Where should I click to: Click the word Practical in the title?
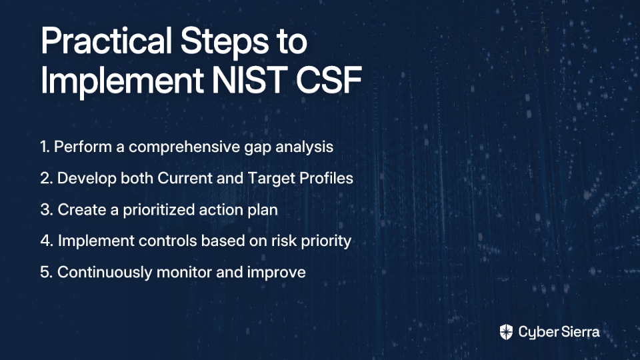click(x=106, y=41)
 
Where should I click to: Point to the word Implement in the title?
click(x=122, y=81)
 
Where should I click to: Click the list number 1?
click(x=45, y=147)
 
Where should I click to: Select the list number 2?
click(x=46, y=178)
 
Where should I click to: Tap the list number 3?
click(x=47, y=209)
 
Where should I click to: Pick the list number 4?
click(x=47, y=241)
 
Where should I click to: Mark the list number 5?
click(x=47, y=272)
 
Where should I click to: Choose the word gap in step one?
click(x=257, y=149)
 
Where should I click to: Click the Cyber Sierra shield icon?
click(x=506, y=332)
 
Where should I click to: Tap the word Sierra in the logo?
click(x=579, y=332)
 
